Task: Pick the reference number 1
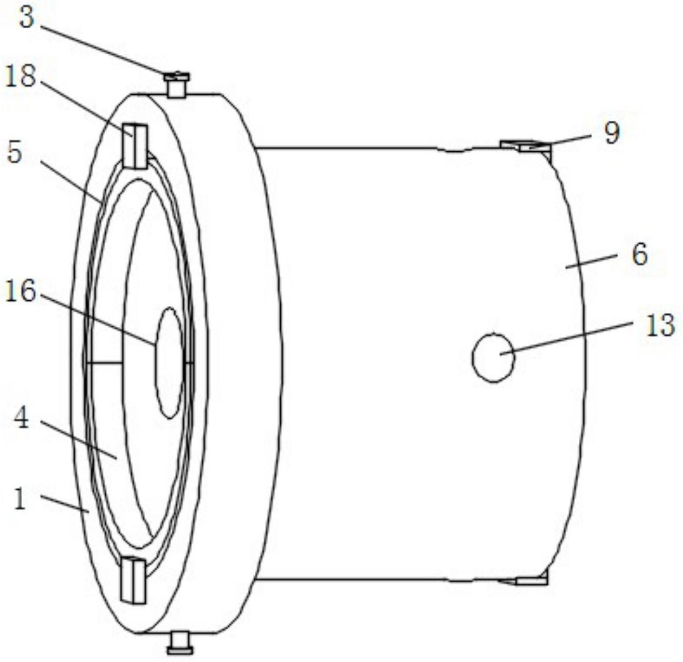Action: coord(20,500)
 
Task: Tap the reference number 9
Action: coord(612,133)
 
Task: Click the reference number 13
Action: coord(660,325)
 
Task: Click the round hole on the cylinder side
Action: coord(494,357)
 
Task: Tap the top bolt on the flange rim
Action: coord(176,85)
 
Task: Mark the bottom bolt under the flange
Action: coord(179,643)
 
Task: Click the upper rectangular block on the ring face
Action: coord(135,146)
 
